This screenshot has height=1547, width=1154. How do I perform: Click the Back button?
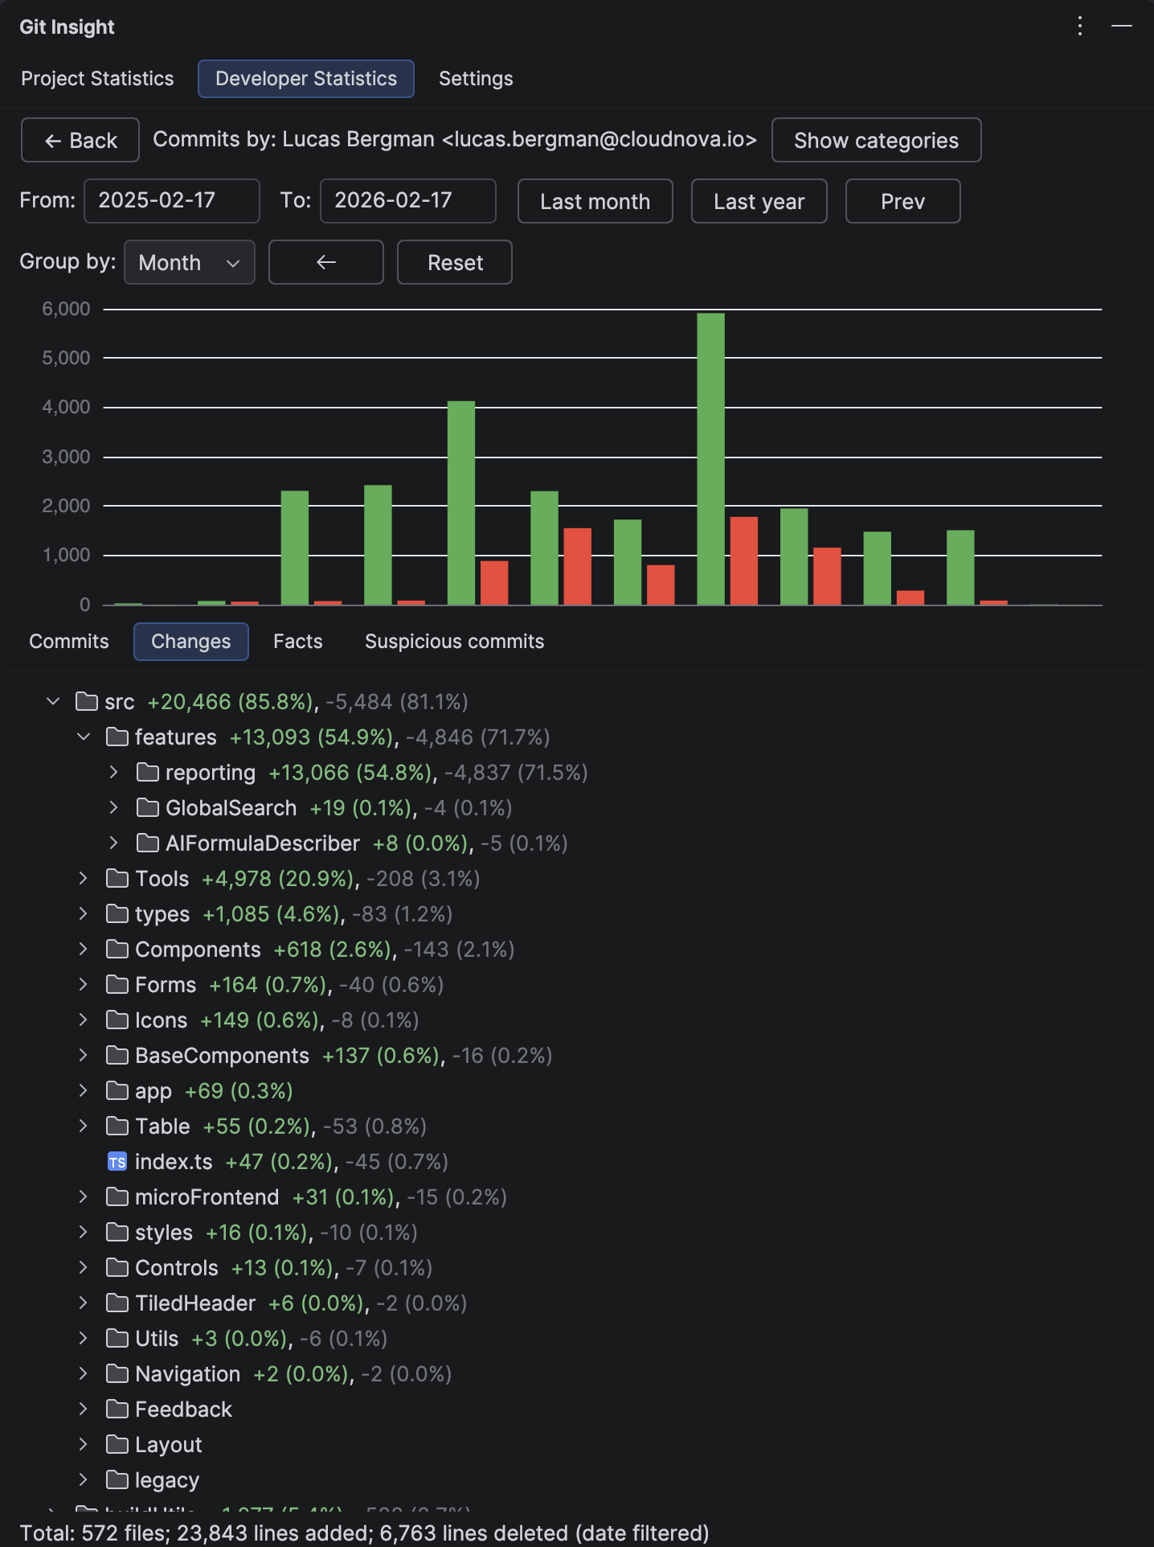(x=80, y=141)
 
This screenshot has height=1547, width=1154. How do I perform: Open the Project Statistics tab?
(x=97, y=79)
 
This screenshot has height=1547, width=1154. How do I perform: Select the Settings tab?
(x=476, y=79)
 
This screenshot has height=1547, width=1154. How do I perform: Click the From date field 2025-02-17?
(x=171, y=201)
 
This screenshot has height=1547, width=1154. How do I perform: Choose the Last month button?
(x=595, y=201)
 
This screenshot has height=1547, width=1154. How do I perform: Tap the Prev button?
(x=902, y=201)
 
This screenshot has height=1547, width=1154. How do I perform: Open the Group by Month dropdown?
(x=189, y=262)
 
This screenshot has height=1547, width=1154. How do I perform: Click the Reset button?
(x=455, y=262)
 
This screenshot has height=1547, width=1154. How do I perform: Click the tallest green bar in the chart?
(x=710, y=458)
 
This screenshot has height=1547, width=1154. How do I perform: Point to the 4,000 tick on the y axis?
(x=66, y=407)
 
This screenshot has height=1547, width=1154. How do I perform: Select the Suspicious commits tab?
(x=454, y=642)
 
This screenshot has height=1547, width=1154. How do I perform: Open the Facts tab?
(x=297, y=642)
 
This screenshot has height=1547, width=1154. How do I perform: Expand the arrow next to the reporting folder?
(x=114, y=773)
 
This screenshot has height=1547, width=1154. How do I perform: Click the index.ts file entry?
(x=174, y=1162)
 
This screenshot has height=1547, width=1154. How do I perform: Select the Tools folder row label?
(x=162, y=879)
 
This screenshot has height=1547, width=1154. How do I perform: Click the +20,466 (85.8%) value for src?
(x=231, y=702)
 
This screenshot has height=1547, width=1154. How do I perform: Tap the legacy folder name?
(x=167, y=1480)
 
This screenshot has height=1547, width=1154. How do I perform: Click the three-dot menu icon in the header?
(x=1080, y=27)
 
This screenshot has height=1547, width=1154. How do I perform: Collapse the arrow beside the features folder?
(x=84, y=737)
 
